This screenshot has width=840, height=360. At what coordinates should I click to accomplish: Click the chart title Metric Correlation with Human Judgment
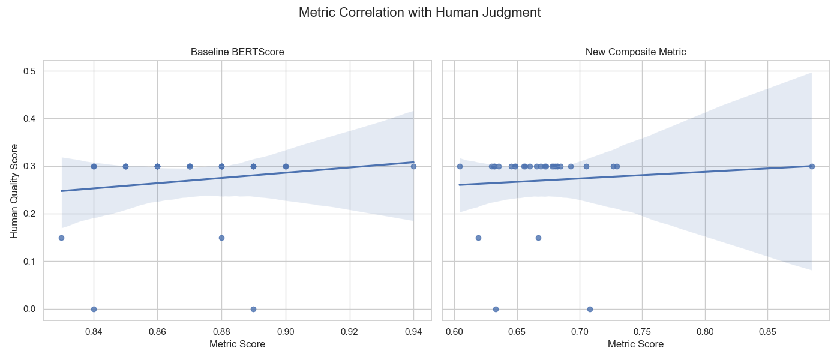point(419,12)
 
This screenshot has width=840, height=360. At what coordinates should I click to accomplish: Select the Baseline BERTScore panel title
point(237,52)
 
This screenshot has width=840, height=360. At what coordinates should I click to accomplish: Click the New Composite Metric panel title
point(635,52)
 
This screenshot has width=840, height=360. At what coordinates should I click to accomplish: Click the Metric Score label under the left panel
point(237,344)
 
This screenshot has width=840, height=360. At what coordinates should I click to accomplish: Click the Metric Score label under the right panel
point(635,344)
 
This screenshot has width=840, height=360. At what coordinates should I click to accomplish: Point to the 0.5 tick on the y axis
point(29,71)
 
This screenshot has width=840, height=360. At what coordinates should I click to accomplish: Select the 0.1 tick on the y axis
point(29,262)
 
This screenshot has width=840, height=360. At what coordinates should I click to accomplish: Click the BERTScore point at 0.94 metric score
point(413,166)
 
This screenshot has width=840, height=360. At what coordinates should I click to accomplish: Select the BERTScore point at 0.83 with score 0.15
point(61,238)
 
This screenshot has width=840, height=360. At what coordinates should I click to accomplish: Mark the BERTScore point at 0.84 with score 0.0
point(94,309)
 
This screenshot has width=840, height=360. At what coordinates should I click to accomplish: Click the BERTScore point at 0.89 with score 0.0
point(253,309)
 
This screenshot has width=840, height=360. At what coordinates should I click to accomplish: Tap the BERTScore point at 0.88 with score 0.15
point(221,238)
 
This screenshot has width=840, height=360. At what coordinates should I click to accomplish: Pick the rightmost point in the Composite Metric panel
point(812,166)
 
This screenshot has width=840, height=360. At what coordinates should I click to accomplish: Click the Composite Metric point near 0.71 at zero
point(590,309)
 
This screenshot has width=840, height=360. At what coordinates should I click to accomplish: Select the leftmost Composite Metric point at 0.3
point(460,166)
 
